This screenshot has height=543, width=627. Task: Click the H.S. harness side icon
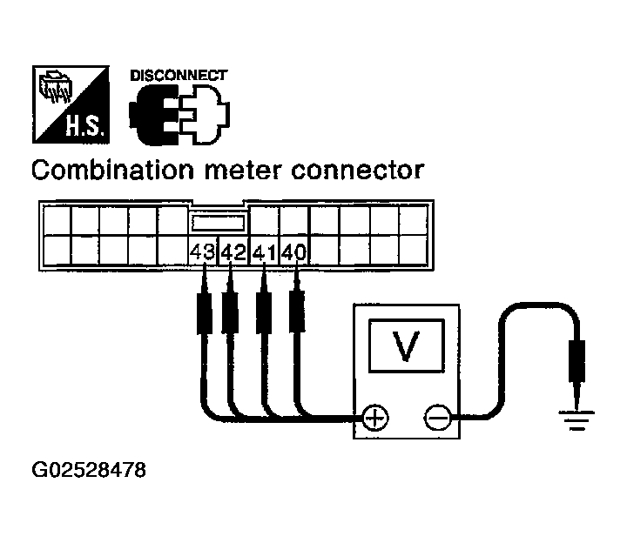pyautogui.click(x=71, y=104)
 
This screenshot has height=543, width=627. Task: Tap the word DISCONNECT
pyautogui.click(x=179, y=76)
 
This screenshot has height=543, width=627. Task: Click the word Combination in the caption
pyautogui.click(x=112, y=171)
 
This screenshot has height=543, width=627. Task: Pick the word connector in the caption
pyautogui.click(x=357, y=171)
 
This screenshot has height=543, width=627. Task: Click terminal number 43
pyautogui.click(x=202, y=252)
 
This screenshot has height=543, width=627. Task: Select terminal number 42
pyautogui.click(x=233, y=252)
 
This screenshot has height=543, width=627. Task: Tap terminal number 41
pyautogui.click(x=264, y=252)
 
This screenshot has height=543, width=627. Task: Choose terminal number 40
pyautogui.click(x=294, y=252)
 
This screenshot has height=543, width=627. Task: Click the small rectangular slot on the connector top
pyautogui.click(x=218, y=223)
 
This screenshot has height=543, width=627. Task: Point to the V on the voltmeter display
pyautogui.click(x=407, y=345)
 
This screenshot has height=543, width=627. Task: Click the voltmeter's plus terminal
pyautogui.click(x=374, y=419)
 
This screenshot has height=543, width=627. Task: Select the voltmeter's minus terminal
pyautogui.click(x=437, y=419)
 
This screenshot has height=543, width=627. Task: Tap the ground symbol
pyautogui.click(x=576, y=420)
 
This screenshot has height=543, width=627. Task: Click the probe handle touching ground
pyautogui.click(x=576, y=360)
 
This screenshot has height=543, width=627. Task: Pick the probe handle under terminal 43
pyautogui.click(x=205, y=314)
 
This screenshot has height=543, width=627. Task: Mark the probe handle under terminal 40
pyautogui.click(x=296, y=312)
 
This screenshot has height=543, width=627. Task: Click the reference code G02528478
pyautogui.click(x=89, y=470)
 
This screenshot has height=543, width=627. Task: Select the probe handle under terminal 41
pyautogui.click(x=264, y=313)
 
